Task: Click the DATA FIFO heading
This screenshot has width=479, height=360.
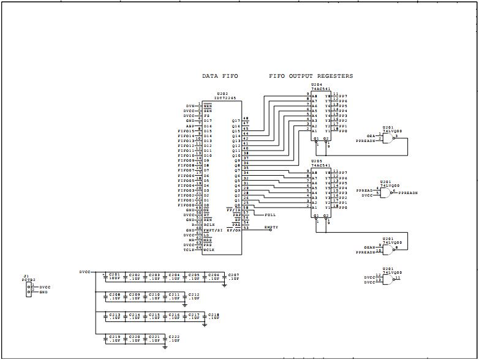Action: (x=220, y=77)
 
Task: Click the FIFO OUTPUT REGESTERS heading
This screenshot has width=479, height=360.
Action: (x=311, y=77)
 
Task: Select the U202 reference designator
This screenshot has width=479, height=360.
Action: (x=223, y=94)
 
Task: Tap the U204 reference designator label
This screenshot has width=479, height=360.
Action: (x=316, y=85)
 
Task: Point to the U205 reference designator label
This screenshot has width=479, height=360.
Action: (x=316, y=162)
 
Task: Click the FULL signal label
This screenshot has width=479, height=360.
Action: (x=270, y=216)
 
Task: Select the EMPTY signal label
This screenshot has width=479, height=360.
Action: (x=271, y=227)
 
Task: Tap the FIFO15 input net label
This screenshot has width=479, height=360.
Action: (x=186, y=131)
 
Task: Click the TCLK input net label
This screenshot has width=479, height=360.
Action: (x=189, y=250)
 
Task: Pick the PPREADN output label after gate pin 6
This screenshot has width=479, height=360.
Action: (x=408, y=193)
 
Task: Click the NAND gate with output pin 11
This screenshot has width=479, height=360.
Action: (x=388, y=279)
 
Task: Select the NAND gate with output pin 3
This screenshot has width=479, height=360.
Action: (x=388, y=137)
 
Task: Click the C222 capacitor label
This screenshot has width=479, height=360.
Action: (x=174, y=337)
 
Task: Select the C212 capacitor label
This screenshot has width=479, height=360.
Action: (x=194, y=294)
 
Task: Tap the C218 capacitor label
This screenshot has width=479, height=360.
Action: (x=214, y=315)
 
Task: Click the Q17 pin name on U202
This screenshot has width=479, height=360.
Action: (x=236, y=121)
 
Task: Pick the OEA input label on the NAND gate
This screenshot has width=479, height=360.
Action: (x=371, y=135)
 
